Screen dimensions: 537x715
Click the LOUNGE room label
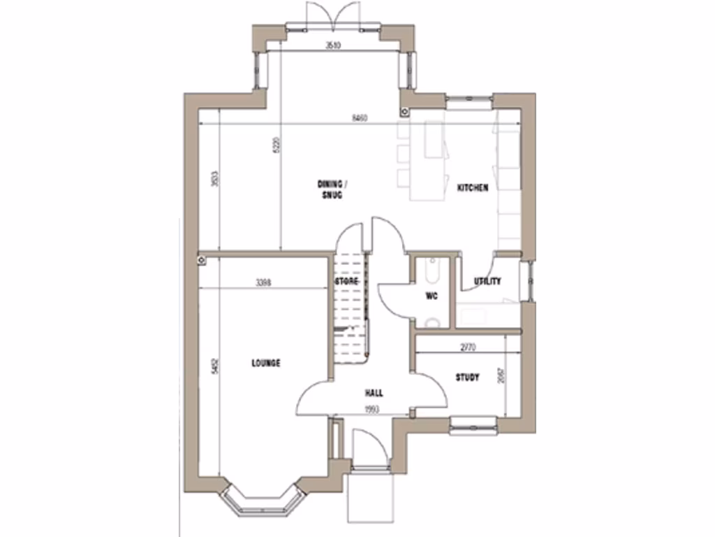tap(265, 363)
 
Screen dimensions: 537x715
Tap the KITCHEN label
tap(473, 188)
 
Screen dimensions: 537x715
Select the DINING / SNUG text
tap(332, 189)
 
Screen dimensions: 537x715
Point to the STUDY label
tap(467, 378)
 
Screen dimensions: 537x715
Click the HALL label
tap(374, 393)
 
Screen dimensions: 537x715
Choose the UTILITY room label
tap(487, 282)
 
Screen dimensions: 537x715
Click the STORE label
tap(346, 281)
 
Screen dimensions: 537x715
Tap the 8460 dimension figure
tap(360, 117)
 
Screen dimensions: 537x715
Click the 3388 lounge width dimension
tap(263, 283)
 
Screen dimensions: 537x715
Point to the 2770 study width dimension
tap(469, 347)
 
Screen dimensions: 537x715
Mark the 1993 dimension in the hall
tap(371, 410)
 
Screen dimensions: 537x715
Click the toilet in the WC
tap(432, 322)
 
